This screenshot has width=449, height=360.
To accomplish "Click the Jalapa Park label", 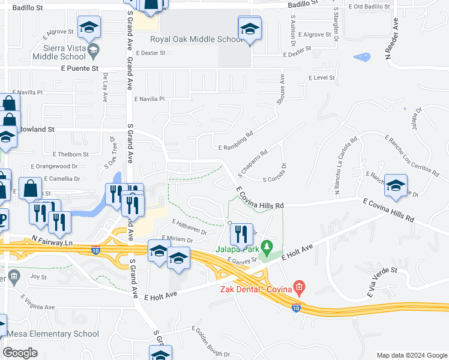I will [237, 250].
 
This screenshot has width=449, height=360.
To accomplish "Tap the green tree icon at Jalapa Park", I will [268, 246].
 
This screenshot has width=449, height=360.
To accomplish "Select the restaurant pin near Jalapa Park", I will [241, 235].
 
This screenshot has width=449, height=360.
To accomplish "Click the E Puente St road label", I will [80, 68].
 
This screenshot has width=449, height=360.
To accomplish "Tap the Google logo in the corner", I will [20, 352].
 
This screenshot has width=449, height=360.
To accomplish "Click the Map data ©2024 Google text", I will [411, 355].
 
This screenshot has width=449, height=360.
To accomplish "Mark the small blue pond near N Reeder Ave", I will [362, 58].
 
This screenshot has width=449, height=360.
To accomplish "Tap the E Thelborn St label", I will [71, 154].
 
